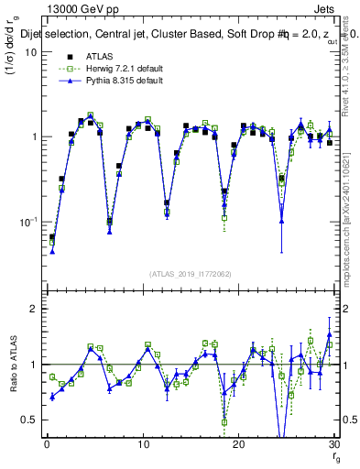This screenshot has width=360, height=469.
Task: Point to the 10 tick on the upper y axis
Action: [31, 52]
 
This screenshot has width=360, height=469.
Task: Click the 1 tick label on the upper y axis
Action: [34, 137]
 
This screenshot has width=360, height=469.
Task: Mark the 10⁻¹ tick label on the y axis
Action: [28, 223]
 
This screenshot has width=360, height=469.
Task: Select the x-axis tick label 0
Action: [47, 444]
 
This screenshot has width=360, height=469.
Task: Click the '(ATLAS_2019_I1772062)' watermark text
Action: [191, 274]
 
